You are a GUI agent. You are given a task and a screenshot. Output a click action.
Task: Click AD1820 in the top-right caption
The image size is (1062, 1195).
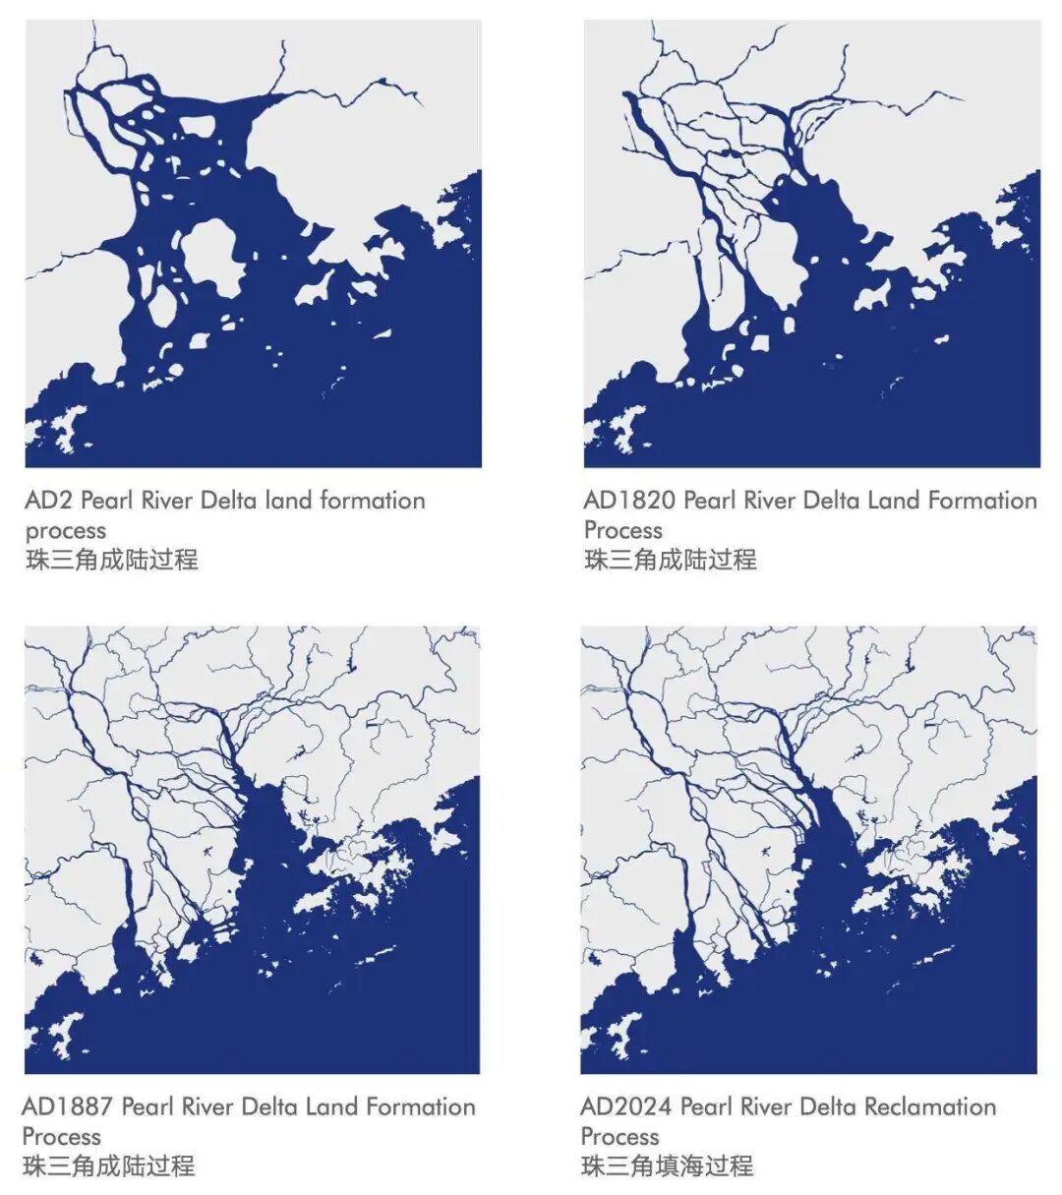point(628,501)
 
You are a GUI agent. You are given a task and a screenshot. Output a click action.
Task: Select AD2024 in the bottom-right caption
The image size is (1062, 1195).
point(626,1106)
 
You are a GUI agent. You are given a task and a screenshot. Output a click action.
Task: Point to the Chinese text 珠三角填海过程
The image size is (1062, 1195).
point(667,1166)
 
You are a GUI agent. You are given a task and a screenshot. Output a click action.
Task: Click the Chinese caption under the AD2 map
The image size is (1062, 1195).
point(111,561)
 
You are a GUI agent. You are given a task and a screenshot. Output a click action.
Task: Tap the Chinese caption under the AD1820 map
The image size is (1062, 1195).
point(670,561)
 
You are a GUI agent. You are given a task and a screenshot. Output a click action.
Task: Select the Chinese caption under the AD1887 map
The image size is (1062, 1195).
point(108,1166)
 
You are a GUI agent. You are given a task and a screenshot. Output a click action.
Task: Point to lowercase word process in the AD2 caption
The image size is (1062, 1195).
point(65,531)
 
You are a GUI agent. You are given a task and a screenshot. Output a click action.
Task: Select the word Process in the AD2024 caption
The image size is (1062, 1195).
point(619,1137)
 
